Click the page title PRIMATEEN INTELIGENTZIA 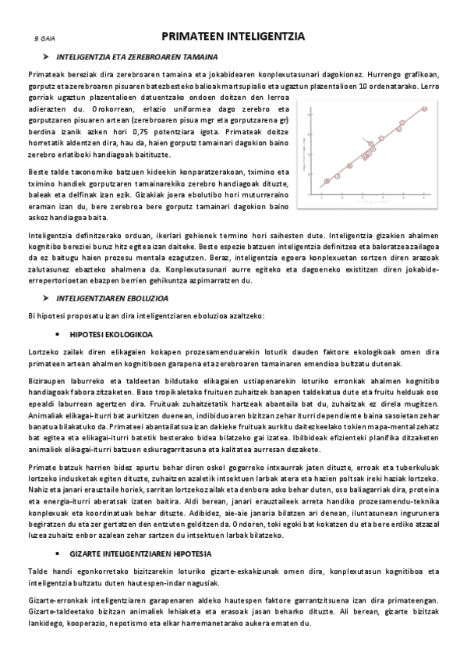click(232, 37)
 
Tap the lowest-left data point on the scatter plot click(326, 180)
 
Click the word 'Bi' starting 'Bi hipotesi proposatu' click(30, 315)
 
